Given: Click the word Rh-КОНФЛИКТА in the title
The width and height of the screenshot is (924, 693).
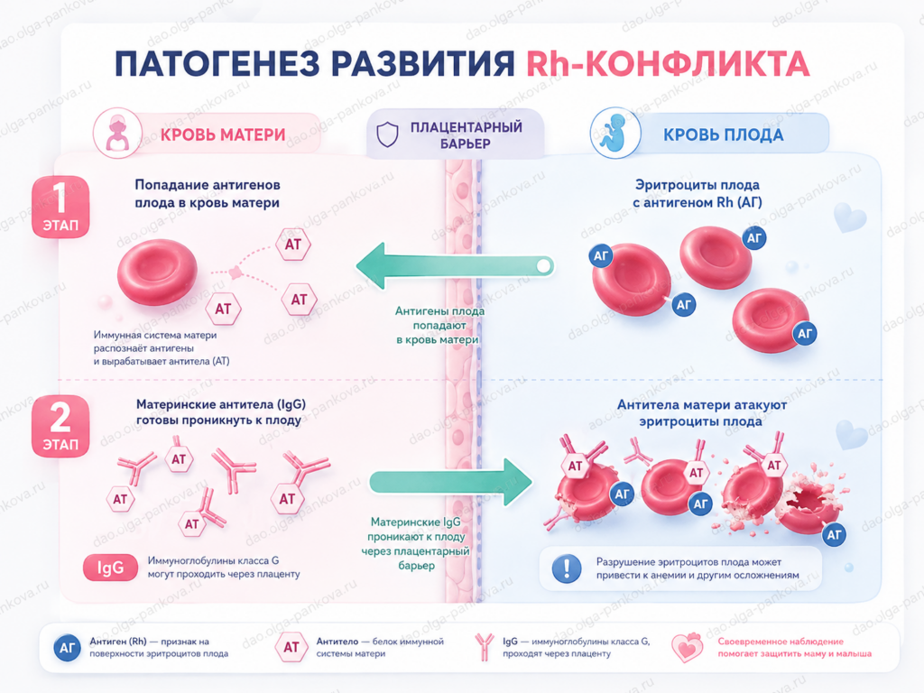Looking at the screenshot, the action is [x=668, y=64].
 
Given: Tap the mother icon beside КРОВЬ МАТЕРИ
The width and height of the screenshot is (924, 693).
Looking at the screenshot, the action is [x=118, y=134].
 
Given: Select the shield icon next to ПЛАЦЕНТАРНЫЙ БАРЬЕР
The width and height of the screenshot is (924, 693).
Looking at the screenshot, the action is [x=387, y=134].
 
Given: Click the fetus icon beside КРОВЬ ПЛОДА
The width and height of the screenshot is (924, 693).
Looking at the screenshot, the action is [x=615, y=134].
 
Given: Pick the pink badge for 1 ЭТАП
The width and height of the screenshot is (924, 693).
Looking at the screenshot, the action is [x=60, y=207].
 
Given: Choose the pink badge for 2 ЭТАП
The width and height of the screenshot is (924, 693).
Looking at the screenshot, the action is [x=60, y=426].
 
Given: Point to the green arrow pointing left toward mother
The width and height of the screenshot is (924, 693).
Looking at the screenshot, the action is [x=455, y=266].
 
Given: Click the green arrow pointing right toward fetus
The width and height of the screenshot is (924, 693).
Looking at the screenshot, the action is [x=451, y=482].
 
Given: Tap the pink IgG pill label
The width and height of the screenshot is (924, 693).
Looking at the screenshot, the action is [x=110, y=568].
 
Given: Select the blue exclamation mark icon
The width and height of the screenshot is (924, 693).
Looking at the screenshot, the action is [x=567, y=568].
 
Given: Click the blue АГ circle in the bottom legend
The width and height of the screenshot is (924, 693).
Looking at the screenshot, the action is [x=67, y=648].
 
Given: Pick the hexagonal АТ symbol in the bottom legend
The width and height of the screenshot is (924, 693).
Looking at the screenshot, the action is [x=291, y=647].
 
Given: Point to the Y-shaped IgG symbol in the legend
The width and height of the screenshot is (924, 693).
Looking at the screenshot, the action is [x=484, y=646].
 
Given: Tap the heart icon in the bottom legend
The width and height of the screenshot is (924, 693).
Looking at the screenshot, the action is [x=687, y=648].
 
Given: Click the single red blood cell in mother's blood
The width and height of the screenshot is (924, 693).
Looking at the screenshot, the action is [x=157, y=272].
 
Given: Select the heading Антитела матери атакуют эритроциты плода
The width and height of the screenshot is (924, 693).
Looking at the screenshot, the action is [x=701, y=413].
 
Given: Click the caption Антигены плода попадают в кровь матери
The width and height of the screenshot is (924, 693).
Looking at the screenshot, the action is [x=439, y=325].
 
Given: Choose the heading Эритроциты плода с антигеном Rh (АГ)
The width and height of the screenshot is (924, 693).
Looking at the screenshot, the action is [x=698, y=193].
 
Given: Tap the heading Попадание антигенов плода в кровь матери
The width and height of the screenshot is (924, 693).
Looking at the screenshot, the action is [x=208, y=193].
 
